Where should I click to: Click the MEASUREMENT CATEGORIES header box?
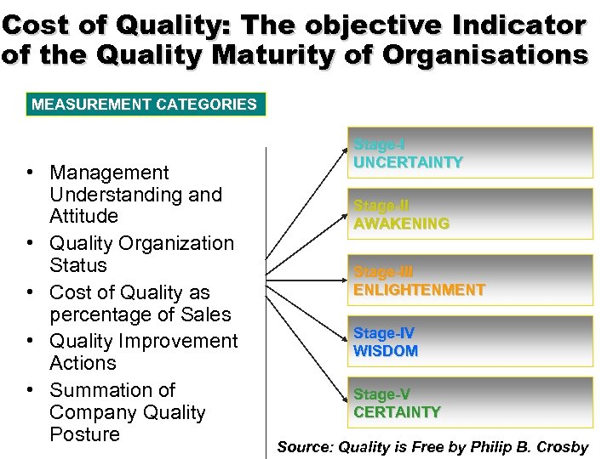point(145,105)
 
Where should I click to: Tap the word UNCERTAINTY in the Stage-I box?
point(408,162)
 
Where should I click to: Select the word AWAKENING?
point(401,224)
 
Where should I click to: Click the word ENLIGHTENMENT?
point(419,290)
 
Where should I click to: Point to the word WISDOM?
point(386,351)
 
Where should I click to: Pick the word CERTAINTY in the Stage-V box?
point(397,412)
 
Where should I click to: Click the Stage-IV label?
point(384,334)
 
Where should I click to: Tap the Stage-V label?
point(381,395)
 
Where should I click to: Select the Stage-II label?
point(381,207)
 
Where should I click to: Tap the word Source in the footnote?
point(304,447)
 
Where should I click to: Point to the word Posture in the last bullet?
point(84,434)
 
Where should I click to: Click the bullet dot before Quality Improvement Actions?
point(30,341)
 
